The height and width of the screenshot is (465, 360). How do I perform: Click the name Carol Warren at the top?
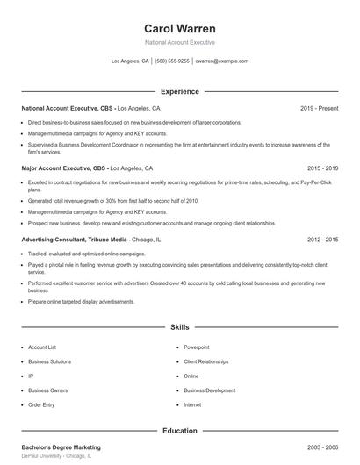[179, 28]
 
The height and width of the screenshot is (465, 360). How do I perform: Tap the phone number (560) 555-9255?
[173, 61]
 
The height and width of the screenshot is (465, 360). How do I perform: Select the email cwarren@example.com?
[222, 61]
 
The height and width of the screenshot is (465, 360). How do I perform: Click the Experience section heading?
[179, 91]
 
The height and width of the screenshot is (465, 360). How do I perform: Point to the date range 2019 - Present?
[320, 108]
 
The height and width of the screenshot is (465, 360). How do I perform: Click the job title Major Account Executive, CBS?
[67, 168]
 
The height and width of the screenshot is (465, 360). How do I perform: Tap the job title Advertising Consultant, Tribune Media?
[75, 239]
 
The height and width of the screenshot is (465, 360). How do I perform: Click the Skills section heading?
[179, 327]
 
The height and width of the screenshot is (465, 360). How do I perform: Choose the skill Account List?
[42, 347]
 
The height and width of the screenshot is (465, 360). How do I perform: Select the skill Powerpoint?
[197, 347]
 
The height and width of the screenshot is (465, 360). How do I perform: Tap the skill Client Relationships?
[206, 361]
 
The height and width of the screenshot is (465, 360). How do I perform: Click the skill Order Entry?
[41, 404]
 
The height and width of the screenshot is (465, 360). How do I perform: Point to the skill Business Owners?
[47, 390]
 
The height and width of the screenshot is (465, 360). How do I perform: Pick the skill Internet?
[192, 404]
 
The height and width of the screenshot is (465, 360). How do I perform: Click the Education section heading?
[179, 431]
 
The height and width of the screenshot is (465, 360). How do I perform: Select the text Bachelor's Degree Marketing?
[61, 447]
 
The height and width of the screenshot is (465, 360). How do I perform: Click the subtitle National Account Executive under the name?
[179, 42]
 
